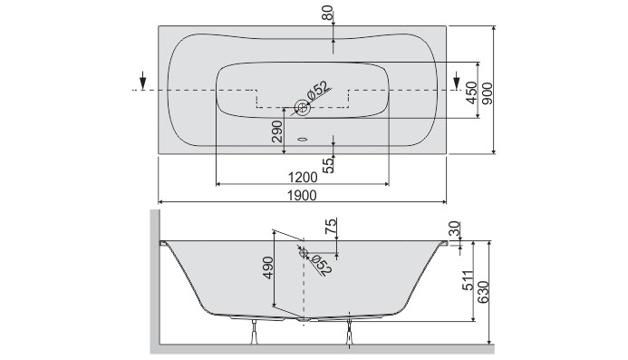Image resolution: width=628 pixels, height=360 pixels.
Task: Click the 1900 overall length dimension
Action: tap(303, 195)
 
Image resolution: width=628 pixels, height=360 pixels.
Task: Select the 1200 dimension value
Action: tap(303, 176)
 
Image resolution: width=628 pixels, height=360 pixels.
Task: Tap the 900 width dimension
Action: tap(487, 90)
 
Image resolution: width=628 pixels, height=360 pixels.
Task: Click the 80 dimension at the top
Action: tap(327, 15)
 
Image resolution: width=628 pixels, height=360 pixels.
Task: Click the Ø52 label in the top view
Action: tap(317, 92)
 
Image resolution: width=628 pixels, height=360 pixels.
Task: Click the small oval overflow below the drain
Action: tap(303, 141)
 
